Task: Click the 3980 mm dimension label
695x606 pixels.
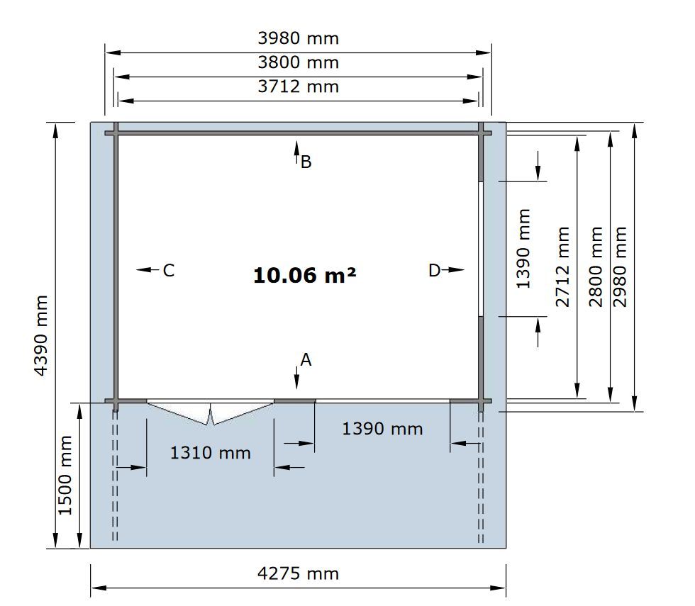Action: pyautogui.click(x=299, y=38)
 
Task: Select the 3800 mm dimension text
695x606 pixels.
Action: pyautogui.click(x=299, y=62)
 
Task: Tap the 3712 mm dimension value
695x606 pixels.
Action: pyautogui.click(x=299, y=86)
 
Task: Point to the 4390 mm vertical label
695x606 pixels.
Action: pyautogui.click(x=41, y=335)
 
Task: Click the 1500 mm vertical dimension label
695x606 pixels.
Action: pyautogui.click(x=65, y=476)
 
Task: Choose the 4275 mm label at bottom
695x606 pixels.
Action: pyautogui.click(x=299, y=574)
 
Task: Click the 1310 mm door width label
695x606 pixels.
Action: pyautogui.click(x=211, y=453)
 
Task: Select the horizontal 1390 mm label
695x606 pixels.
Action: pyautogui.click(x=382, y=429)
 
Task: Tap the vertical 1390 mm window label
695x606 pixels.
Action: pyautogui.click(x=523, y=249)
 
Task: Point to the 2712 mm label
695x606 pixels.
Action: pyautogui.click(x=562, y=266)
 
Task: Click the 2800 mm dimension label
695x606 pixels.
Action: pyautogui.click(x=596, y=266)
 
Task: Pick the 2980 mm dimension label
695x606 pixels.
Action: pyautogui.click(x=620, y=266)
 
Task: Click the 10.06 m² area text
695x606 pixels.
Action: pyautogui.click(x=304, y=275)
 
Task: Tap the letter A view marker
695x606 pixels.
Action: pyautogui.click(x=306, y=360)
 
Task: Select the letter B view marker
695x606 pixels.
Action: pyautogui.click(x=306, y=162)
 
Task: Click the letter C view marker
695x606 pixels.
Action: pyautogui.click(x=169, y=270)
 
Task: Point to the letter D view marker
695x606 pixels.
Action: pyautogui.click(x=434, y=270)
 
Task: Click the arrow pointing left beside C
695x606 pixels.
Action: pyautogui.click(x=148, y=269)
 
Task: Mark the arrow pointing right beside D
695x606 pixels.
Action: pyautogui.click(x=452, y=269)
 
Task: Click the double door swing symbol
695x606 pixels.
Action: pyautogui.click(x=210, y=413)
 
